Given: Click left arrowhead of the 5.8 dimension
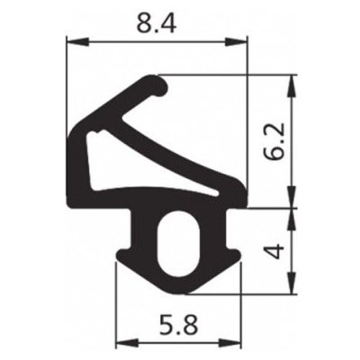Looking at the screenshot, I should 123,342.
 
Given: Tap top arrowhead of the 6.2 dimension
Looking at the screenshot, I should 290,81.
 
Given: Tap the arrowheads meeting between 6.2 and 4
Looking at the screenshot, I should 290,208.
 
